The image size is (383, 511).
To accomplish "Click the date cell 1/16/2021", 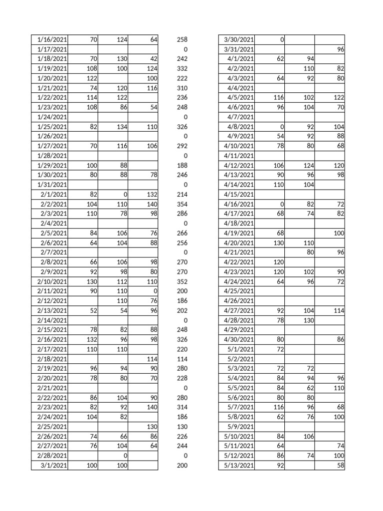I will (x=52, y=39).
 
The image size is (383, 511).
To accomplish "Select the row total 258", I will (x=182, y=39).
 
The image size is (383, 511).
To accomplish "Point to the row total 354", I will (x=182, y=204).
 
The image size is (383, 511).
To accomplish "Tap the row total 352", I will (x=182, y=281).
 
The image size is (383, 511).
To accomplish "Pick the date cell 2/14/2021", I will (x=52, y=320).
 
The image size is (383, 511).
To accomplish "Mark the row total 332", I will (x=182, y=68).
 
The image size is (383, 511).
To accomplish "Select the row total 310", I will (x=182, y=88).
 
